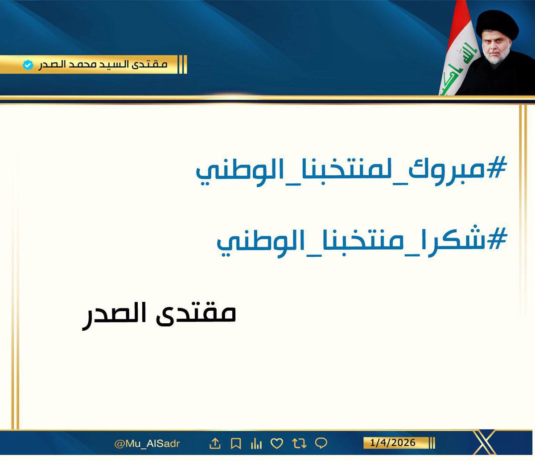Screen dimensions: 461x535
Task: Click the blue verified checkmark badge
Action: pos(28,65)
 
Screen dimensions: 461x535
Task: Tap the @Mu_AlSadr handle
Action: pos(147,444)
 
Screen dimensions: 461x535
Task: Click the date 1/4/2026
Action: pos(392,443)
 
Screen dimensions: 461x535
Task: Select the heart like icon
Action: pos(277,443)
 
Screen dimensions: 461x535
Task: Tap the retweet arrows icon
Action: pos(299,443)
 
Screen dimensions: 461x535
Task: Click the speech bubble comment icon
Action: pos(321,443)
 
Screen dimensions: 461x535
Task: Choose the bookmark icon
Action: pos(236,444)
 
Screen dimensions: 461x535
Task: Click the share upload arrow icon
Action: pos(215,443)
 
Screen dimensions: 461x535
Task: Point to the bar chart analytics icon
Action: pos(256,444)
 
